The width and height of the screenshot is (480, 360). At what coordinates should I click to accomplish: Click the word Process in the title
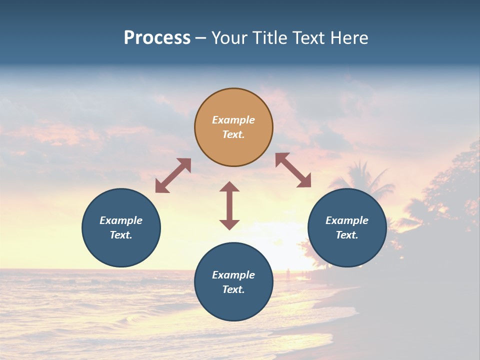[x=157, y=38]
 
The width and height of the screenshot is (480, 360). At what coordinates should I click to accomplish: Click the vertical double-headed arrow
[x=229, y=205]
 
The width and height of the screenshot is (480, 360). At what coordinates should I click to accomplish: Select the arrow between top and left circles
[x=173, y=175]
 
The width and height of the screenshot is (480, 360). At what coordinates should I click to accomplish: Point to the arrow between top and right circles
[x=293, y=170]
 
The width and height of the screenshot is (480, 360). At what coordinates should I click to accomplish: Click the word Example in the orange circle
[x=233, y=120]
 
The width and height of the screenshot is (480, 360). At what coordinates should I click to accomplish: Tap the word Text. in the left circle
[x=121, y=235]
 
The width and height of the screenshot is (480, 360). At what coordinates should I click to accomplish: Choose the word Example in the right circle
[x=347, y=220]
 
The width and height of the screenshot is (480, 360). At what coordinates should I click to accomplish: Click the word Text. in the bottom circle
[x=233, y=289]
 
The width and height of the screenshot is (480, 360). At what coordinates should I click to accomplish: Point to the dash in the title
[x=200, y=38]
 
